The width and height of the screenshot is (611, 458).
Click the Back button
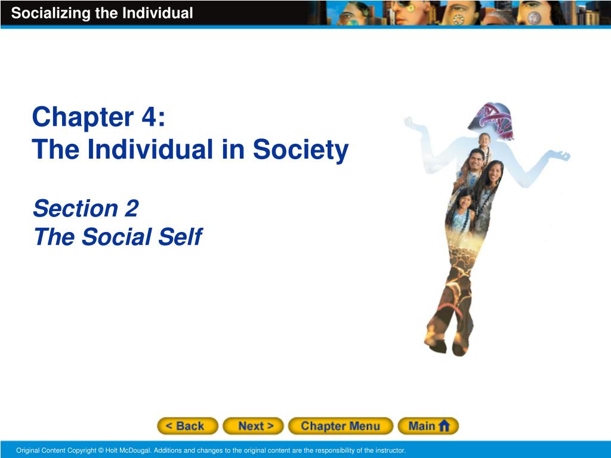[187, 426]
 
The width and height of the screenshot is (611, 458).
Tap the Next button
[253, 426]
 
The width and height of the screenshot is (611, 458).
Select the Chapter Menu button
[340, 426]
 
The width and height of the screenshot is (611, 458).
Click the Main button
[428, 426]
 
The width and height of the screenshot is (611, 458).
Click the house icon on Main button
[444, 426]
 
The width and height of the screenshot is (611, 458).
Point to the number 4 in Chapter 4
[149, 116]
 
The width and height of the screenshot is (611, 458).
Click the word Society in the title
[301, 150]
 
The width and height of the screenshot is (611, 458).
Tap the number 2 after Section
[131, 208]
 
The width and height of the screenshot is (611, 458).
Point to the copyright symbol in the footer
[101, 451]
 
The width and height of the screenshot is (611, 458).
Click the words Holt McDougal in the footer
[128, 451]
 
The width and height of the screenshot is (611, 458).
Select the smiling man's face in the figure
[476, 160]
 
